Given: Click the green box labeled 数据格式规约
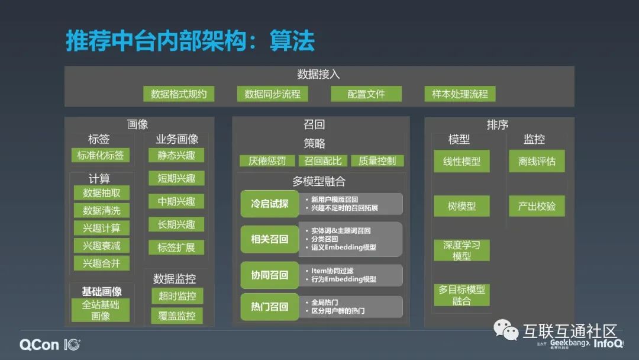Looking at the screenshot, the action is coord(179,94).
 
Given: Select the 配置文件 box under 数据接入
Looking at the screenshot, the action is coord(366,94).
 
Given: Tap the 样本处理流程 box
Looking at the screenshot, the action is coord(460,94).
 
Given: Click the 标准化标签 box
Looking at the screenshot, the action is coord(100,155).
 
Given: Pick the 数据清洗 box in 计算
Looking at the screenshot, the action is coord(102,210).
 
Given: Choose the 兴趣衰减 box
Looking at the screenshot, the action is coord(102,246).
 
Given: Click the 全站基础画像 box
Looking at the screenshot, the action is coord(101,310).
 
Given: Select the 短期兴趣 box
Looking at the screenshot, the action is coord(176,178).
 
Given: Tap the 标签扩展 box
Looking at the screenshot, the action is coord(176,247).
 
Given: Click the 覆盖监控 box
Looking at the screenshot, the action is coord(176,316).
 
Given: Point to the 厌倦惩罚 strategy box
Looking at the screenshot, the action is coord(267,160).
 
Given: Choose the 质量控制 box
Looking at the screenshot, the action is coord(377,160).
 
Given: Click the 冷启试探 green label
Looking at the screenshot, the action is coord(270,204).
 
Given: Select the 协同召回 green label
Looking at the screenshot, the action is coord(270,275).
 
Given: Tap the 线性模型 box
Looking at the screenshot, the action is coord(461,161).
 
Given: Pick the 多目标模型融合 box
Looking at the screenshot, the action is coord(461,295).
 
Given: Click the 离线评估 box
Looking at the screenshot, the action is coord(537,161).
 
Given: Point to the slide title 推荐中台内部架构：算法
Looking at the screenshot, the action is coord(190,41).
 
